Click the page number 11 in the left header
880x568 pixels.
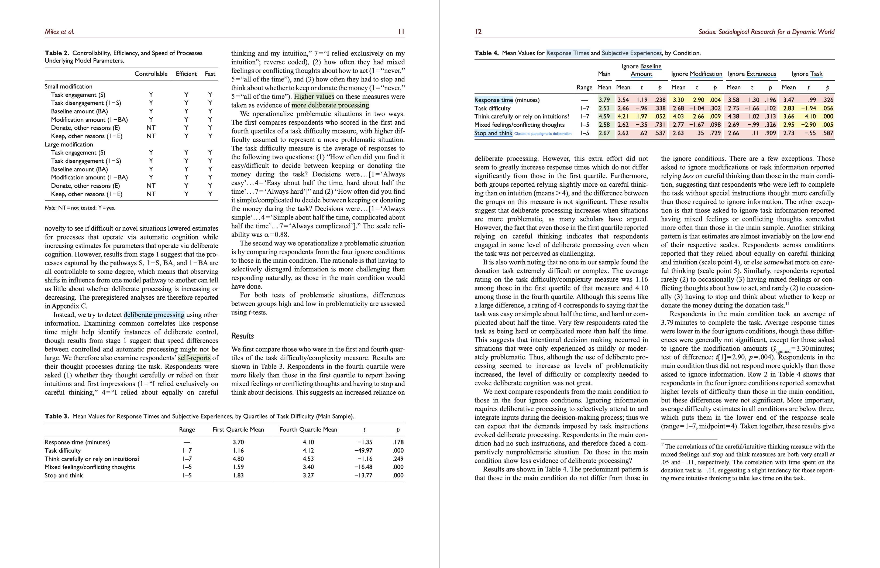(x=401, y=32)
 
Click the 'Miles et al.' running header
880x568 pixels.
(x=59, y=32)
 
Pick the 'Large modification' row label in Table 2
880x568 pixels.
(x=68, y=144)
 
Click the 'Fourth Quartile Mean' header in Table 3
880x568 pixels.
(x=308, y=429)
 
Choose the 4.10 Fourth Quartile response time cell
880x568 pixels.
(x=308, y=442)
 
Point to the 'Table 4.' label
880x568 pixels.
(x=486, y=53)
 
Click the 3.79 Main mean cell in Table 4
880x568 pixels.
(x=604, y=100)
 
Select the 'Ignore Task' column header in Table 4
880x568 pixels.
(x=807, y=74)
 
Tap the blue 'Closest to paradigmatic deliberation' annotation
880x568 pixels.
(x=543, y=134)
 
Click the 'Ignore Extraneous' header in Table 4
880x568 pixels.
(x=752, y=74)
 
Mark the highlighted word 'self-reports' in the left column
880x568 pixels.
(x=194, y=358)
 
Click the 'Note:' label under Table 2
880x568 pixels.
(x=50, y=208)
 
